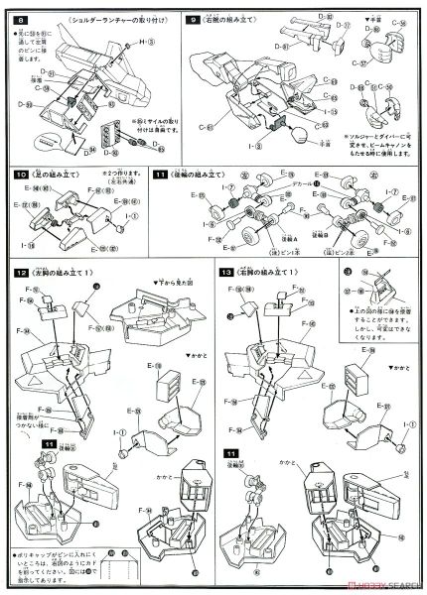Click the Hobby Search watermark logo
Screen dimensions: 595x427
tap(382, 584)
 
